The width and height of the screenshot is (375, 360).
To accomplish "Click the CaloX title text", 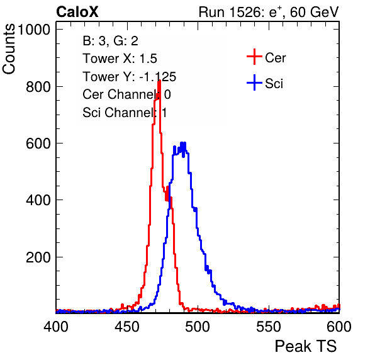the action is (x=77, y=12).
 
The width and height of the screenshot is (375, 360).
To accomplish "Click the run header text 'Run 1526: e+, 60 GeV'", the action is (x=269, y=12).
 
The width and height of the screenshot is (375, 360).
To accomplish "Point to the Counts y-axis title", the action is (x=9, y=49).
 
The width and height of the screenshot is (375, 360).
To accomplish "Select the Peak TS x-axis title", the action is (x=306, y=346).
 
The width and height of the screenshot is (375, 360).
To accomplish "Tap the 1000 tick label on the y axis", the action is (x=34, y=30).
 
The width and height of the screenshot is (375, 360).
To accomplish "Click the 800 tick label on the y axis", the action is (x=38, y=87).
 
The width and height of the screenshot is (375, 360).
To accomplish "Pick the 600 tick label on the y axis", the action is (x=38, y=143).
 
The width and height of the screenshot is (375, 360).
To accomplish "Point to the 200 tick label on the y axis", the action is (x=38, y=257).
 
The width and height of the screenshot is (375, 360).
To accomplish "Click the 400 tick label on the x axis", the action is (x=56, y=326).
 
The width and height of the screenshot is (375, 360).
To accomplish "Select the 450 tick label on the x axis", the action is (x=126, y=326).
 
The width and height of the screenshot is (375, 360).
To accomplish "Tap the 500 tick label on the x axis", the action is (x=198, y=326).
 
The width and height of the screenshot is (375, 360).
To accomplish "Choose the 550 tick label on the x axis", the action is (x=268, y=326).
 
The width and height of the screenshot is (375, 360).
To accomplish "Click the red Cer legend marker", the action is (x=254, y=57).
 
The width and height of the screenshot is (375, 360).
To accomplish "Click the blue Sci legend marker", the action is (x=254, y=83).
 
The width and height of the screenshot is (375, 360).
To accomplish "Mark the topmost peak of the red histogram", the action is (x=159, y=81).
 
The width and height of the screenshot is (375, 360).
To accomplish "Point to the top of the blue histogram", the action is (x=183, y=143).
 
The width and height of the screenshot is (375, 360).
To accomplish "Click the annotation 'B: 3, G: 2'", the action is (x=110, y=41).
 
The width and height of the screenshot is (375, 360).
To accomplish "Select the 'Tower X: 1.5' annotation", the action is (x=120, y=59).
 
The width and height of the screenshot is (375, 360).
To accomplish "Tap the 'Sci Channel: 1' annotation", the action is (x=125, y=113).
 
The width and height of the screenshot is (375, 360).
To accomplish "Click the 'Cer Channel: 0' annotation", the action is (x=126, y=94).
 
